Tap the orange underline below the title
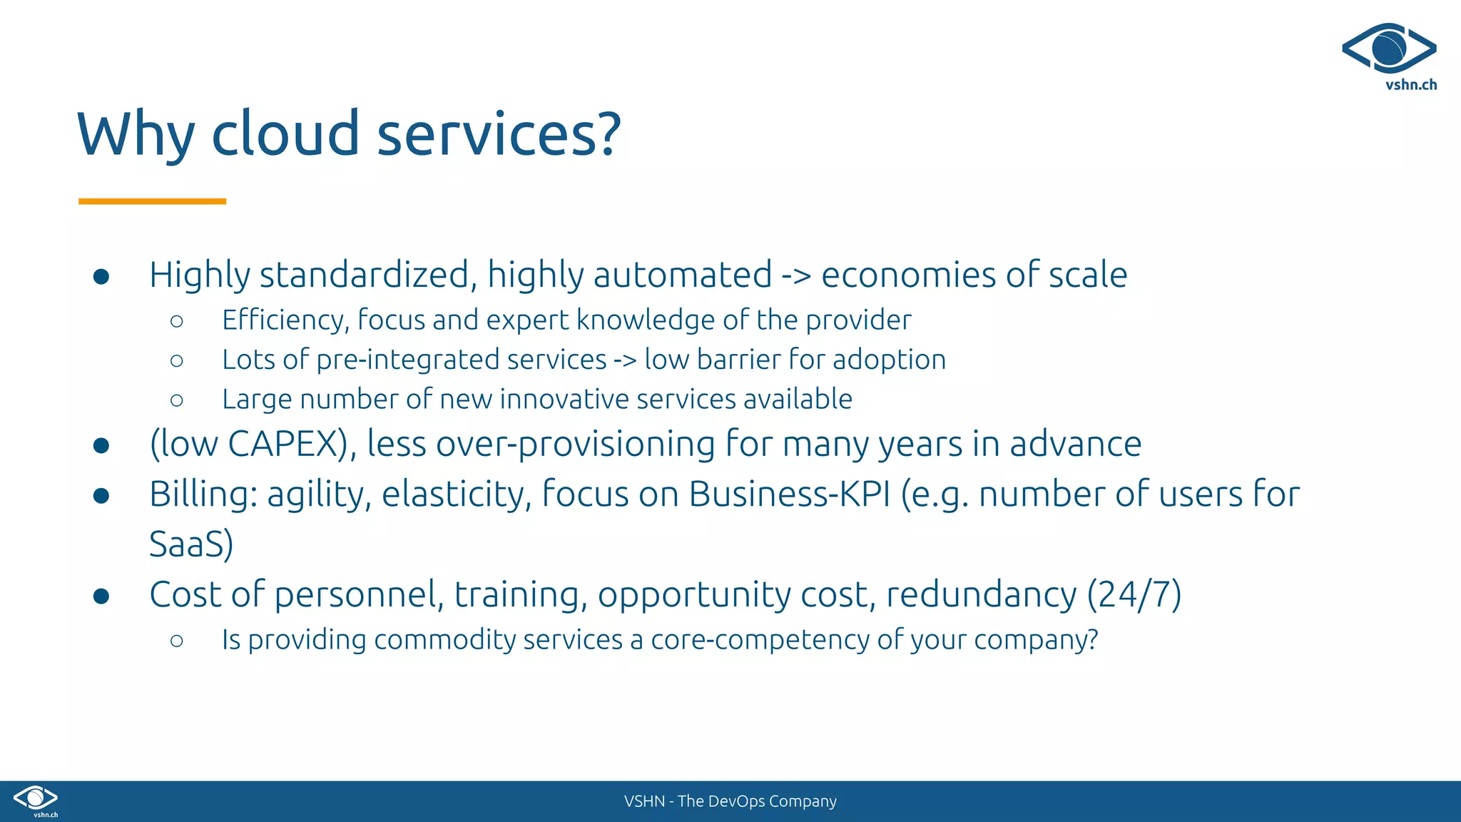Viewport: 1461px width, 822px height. click(152, 202)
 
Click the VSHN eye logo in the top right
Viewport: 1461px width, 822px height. click(1389, 49)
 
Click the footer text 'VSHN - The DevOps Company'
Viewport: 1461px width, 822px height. click(730, 801)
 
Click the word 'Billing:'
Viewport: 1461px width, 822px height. click(203, 494)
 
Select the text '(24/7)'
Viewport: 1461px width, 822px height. click(1134, 594)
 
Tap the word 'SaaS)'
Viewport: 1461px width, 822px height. click(191, 544)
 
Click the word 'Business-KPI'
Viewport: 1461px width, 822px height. click(790, 494)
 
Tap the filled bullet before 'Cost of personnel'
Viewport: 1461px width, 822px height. click(101, 596)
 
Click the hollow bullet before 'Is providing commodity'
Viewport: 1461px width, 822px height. click(177, 641)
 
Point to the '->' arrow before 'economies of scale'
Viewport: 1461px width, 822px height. click(796, 275)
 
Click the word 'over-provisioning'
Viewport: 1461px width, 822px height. click(575, 444)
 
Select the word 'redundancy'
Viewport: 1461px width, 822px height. click(981, 594)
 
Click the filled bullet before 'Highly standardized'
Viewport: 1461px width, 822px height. click(101, 276)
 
